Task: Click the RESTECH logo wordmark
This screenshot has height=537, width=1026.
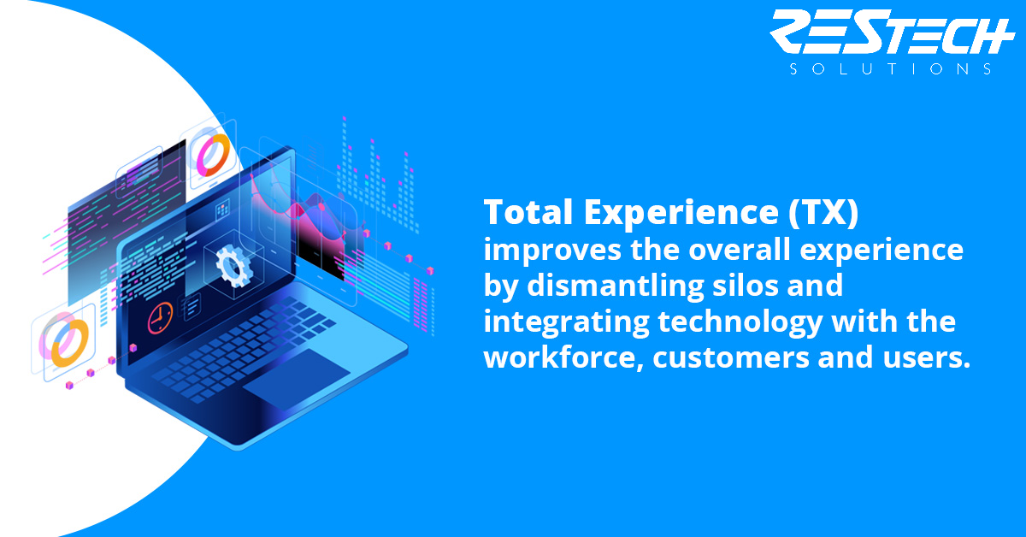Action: [x=892, y=32]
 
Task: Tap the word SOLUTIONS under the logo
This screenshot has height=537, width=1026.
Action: [x=891, y=69]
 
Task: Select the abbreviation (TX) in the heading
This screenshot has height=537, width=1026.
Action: [x=823, y=213]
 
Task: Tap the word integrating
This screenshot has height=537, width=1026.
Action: [x=567, y=322]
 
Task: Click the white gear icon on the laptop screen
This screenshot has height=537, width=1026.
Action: [x=234, y=266]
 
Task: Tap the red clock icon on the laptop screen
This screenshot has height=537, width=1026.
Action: [x=161, y=317]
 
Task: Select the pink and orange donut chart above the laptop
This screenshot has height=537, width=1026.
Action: [x=214, y=155]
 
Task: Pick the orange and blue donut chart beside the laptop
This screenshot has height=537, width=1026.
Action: [x=69, y=343]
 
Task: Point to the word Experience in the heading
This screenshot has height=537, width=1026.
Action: [x=681, y=213]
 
